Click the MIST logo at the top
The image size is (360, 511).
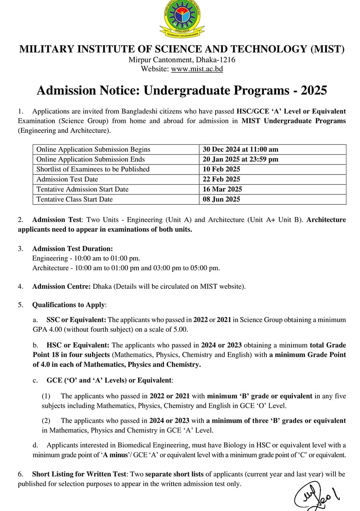click(182, 19)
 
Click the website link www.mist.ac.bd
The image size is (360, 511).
click(197, 69)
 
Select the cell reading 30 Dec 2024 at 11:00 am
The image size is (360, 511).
click(240, 149)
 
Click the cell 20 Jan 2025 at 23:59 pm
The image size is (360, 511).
click(240, 159)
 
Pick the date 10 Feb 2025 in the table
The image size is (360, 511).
click(221, 169)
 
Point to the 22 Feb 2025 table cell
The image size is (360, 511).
click(221, 179)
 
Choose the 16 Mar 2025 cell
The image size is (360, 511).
click(222, 189)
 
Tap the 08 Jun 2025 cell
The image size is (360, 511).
click(221, 199)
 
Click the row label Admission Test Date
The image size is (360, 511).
click(67, 179)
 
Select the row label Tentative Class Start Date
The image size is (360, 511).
click(74, 199)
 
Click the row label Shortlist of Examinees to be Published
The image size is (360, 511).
click(93, 169)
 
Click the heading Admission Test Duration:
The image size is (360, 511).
click(72, 248)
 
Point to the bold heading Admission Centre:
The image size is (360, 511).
click(62, 286)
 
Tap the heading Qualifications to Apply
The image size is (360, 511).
click(69, 305)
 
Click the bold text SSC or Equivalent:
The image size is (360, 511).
click(76, 320)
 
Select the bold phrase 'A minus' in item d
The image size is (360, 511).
click(118, 455)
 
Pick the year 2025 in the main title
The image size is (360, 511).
click(314, 90)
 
